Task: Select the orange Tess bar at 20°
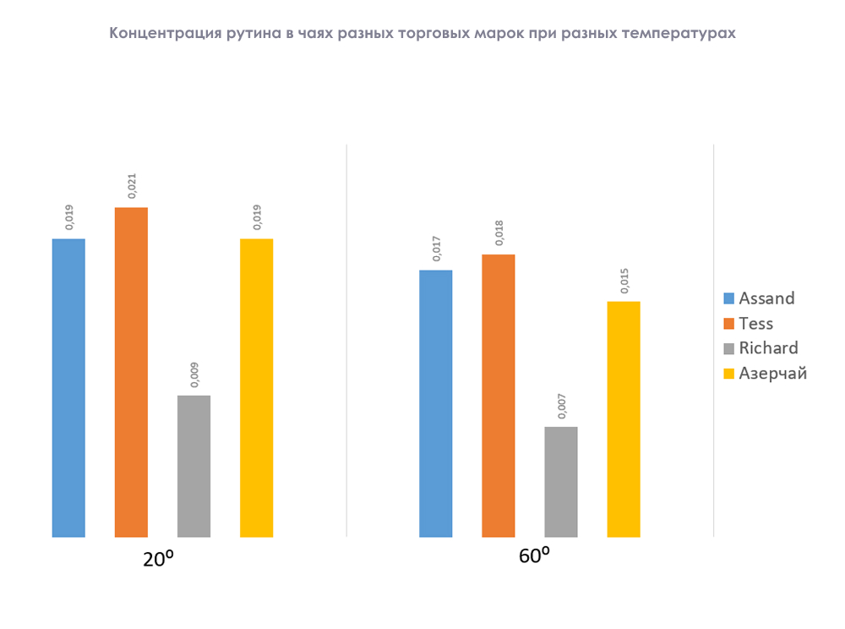pyautogui.click(x=131, y=372)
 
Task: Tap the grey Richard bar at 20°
pyautogui.click(x=194, y=466)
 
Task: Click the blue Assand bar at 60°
pyautogui.click(x=435, y=403)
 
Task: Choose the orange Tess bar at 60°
pyautogui.click(x=498, y=396)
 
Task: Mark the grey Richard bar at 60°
pyautogui.click(x=561, y=481)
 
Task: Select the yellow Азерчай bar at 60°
pyautogui.click(x=624, y=418)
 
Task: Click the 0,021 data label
pyautogui.click(x=132, y=185)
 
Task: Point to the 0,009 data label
pyautogui.click(x=194, y=374)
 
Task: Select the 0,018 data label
pyautogui.click(x=499, y=232)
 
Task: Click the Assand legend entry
pyautogui.click(x=766, y=298)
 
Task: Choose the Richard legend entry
pyautogui.click(x=767, y=348)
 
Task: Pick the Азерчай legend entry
pyautogui.click(x=771, y=373)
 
